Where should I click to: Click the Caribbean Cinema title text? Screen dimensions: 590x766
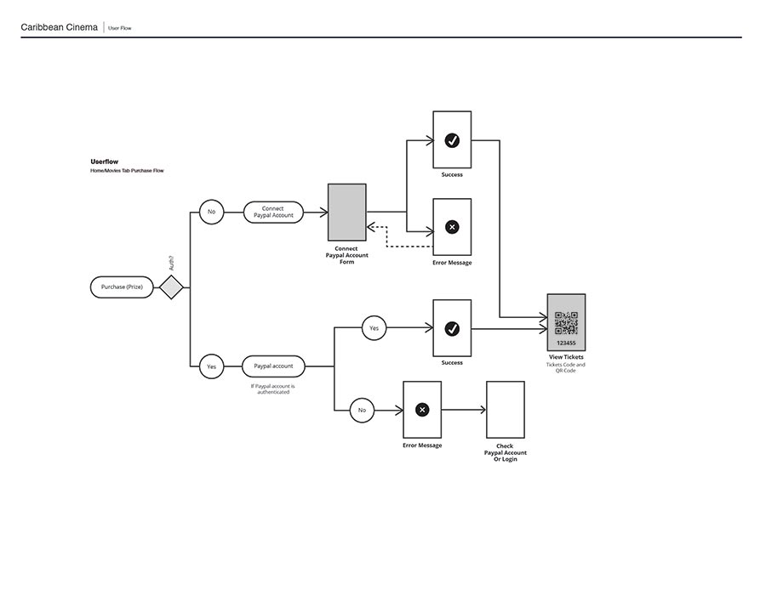[x=59, y=28]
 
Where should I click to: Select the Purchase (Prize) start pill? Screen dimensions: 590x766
[x=122, y=287]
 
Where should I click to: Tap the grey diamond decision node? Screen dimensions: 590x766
[x=171, y=287]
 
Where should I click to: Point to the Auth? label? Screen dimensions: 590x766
[x=171, y=263]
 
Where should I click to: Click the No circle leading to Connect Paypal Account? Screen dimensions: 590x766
[x=212, y=212]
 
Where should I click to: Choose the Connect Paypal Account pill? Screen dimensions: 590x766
[x=273, y=212]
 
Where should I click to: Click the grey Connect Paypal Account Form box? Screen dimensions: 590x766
[x=347, y=212]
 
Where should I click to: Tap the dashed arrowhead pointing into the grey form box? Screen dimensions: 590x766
[x=371, y=227]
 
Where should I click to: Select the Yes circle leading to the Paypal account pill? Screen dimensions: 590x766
[x=212, y=366]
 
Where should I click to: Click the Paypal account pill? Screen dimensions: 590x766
[x=273, y=366]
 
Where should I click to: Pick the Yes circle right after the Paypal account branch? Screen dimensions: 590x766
[x=374, y=327]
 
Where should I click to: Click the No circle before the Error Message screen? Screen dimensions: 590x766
[x=362, y=410]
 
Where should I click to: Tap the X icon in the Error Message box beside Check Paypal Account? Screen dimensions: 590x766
[x=422, y=410]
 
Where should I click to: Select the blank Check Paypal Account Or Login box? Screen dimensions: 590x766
[x=505, y=410]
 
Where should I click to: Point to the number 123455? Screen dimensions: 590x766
[x=566, y=343]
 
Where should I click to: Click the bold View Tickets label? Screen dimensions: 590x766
[x=566, y=357]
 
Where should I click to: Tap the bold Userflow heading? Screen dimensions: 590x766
[x=104, y=162]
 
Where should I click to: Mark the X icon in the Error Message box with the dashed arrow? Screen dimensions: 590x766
[x=452, y=227]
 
